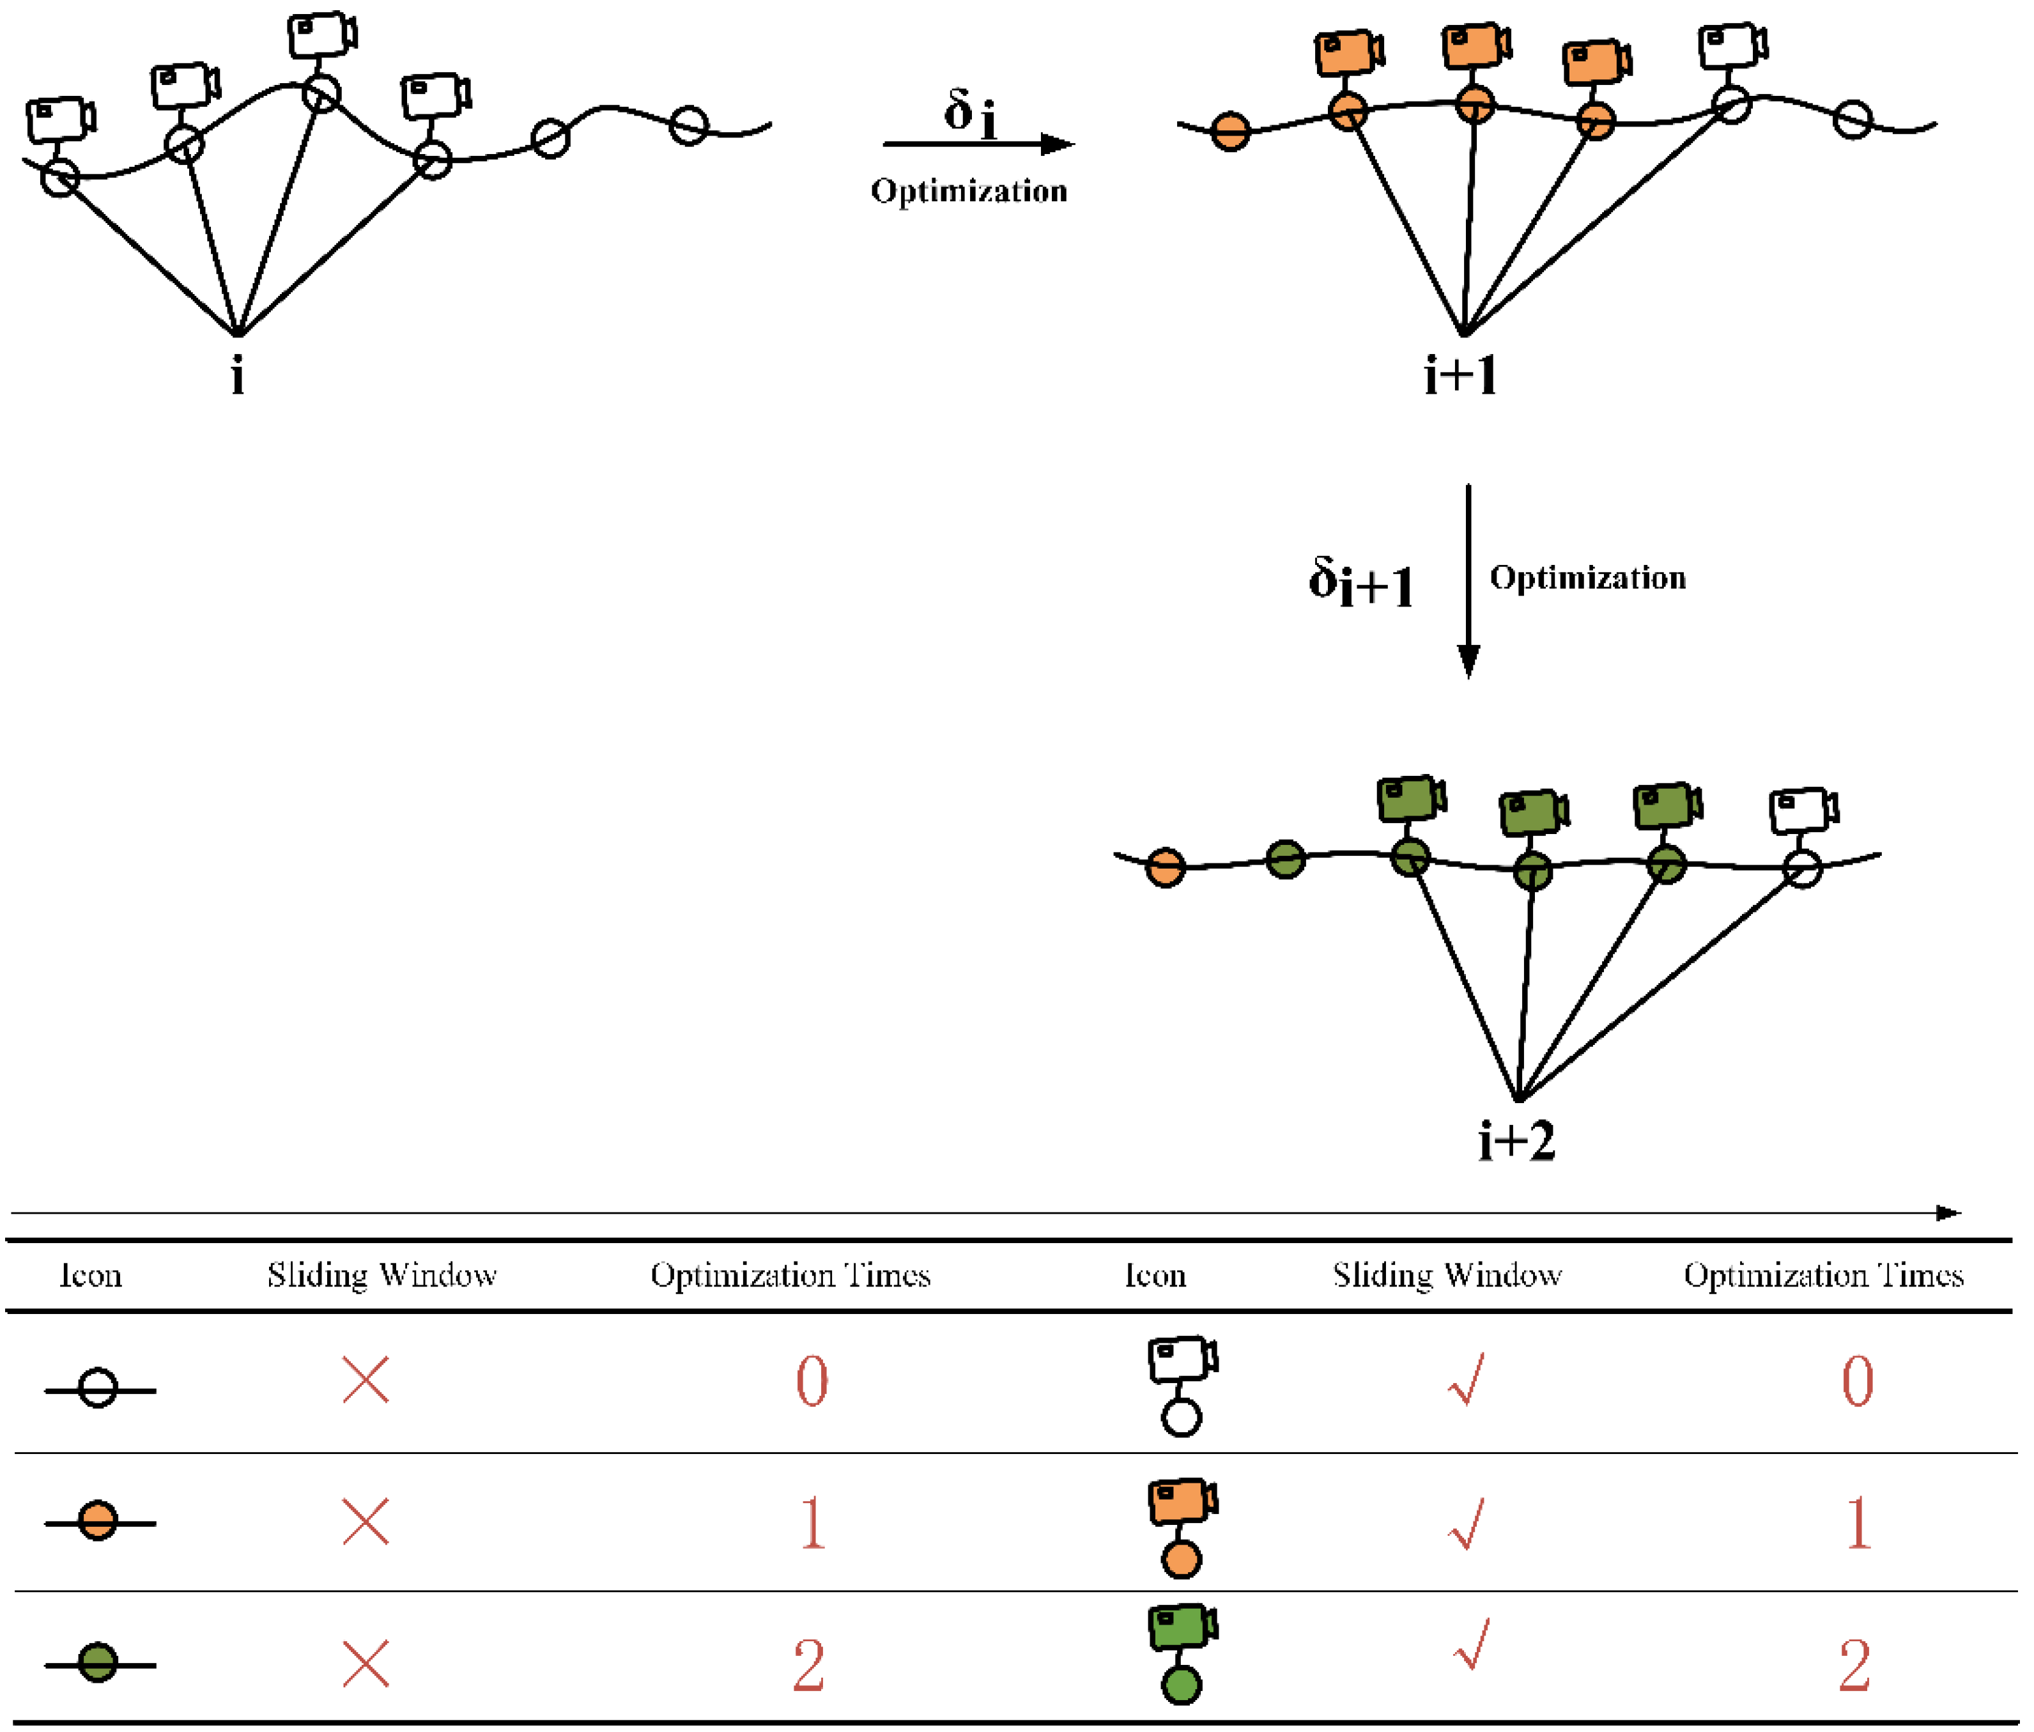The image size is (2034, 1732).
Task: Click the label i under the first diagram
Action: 238,376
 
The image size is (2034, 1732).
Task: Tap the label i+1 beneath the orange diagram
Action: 1461,376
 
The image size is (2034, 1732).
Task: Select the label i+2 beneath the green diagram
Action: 1516,1141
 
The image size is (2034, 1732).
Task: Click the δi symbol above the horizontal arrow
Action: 970,113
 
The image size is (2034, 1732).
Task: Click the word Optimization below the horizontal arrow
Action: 969,190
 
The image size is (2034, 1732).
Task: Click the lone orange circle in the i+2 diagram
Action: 1165,868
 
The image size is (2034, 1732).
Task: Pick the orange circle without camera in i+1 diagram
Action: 1230,130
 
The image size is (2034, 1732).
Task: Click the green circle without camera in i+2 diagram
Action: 1285,859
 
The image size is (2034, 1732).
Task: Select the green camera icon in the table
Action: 1182,1627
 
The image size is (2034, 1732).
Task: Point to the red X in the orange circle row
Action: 365,1522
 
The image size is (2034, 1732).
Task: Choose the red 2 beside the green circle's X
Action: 809,1666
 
